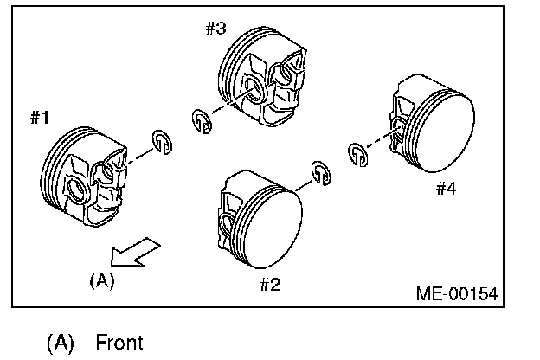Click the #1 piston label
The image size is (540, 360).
click(x=39, y=118)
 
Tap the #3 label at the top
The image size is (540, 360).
click(x=215, y=28)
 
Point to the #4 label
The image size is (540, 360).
click(x=445, y=189)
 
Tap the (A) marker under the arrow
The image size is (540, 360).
click(x=101, y=280)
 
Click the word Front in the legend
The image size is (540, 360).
click(x=119, y=342)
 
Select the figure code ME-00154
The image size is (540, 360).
click(x=457, y=293)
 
